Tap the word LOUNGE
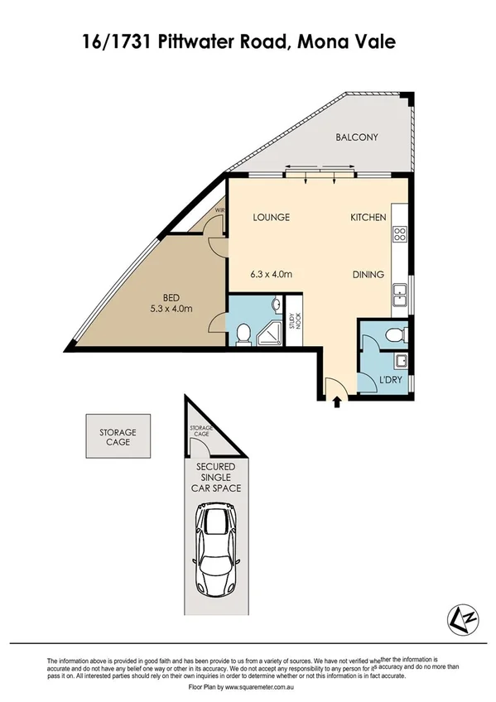pyautogui.click(x=271, y=218)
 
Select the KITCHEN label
pyautogui.click(x=368, y=218)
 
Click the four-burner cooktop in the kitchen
pyautogui.click(x=399, y=233)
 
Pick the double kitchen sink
pyautogui.click(x=399, y=291)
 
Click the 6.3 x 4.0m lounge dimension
pyautogui.click(x=271, y=275)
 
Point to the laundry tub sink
pyautogui.click(x=399, y=360)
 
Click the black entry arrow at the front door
pyautogui.click(x=337, y=403)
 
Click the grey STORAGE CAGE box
pyautogui.click(x=118, y=437)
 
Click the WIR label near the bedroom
pyautogui.click(x=219, y=211)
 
